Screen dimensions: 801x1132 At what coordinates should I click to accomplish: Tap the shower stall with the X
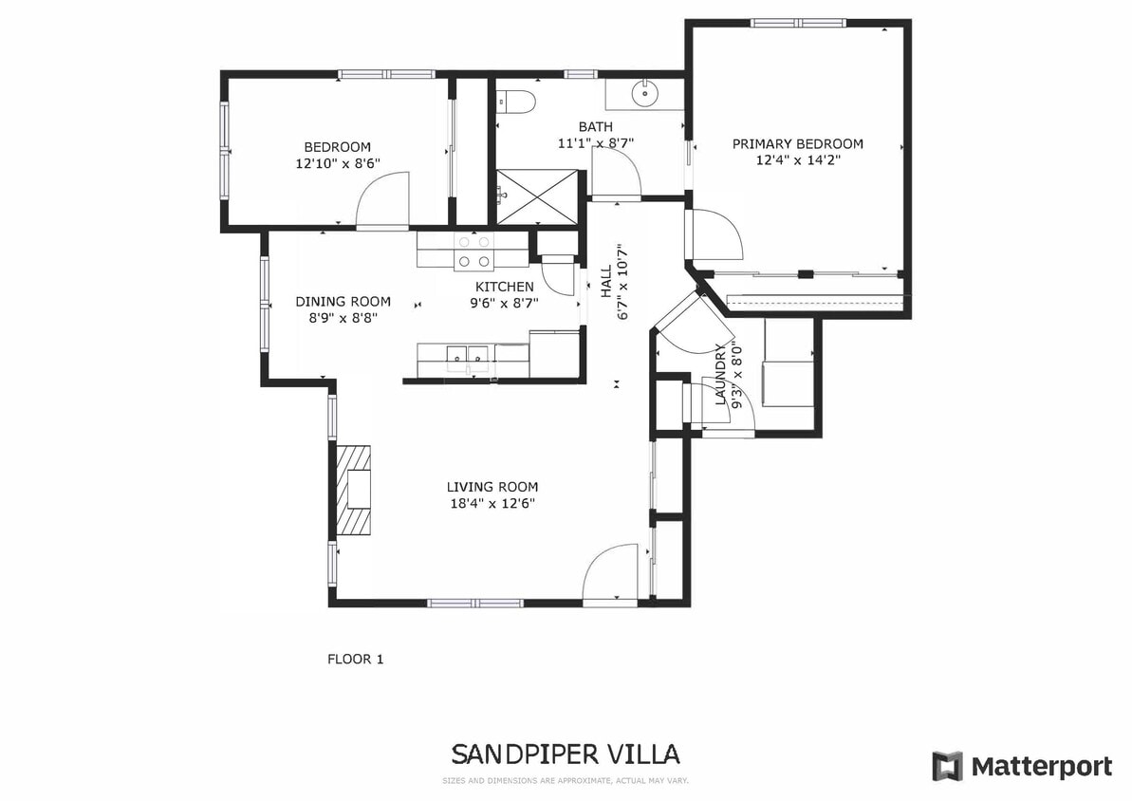[x=537, y=196]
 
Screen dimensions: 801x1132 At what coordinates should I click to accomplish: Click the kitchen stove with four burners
[x=473, y=251]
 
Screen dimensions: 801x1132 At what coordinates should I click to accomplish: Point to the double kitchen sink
[x=468, y=357]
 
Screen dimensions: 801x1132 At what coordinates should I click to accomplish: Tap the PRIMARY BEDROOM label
[x=797, y=144]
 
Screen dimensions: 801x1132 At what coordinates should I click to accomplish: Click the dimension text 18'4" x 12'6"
[x=492, y=504]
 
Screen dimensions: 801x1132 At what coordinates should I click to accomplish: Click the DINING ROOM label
[x=343, y=302]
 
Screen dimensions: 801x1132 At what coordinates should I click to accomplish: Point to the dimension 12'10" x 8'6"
[x=337, y=163]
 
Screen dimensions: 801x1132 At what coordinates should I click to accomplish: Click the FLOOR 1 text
[x=355, y=659]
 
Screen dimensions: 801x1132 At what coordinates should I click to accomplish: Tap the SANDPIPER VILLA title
[x=565, y=754]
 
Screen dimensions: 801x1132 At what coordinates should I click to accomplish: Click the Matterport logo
[x=1022, y=766]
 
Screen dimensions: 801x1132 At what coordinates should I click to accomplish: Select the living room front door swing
[x=611, y=574]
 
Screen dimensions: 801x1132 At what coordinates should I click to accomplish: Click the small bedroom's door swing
[x=383, y=200]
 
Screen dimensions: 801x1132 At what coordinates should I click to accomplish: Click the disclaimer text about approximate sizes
[x=565, y=781]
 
